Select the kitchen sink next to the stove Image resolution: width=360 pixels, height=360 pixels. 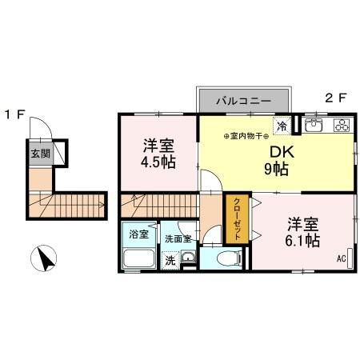click(314, 125)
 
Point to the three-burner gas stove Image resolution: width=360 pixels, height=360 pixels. click(342, 125)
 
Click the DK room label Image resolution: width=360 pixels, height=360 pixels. click(278, 151)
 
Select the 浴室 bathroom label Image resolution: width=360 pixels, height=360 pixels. click(139, 234)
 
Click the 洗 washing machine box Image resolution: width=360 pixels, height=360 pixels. click(170, 260)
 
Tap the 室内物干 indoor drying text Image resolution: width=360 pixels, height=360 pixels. click(247, 135)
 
